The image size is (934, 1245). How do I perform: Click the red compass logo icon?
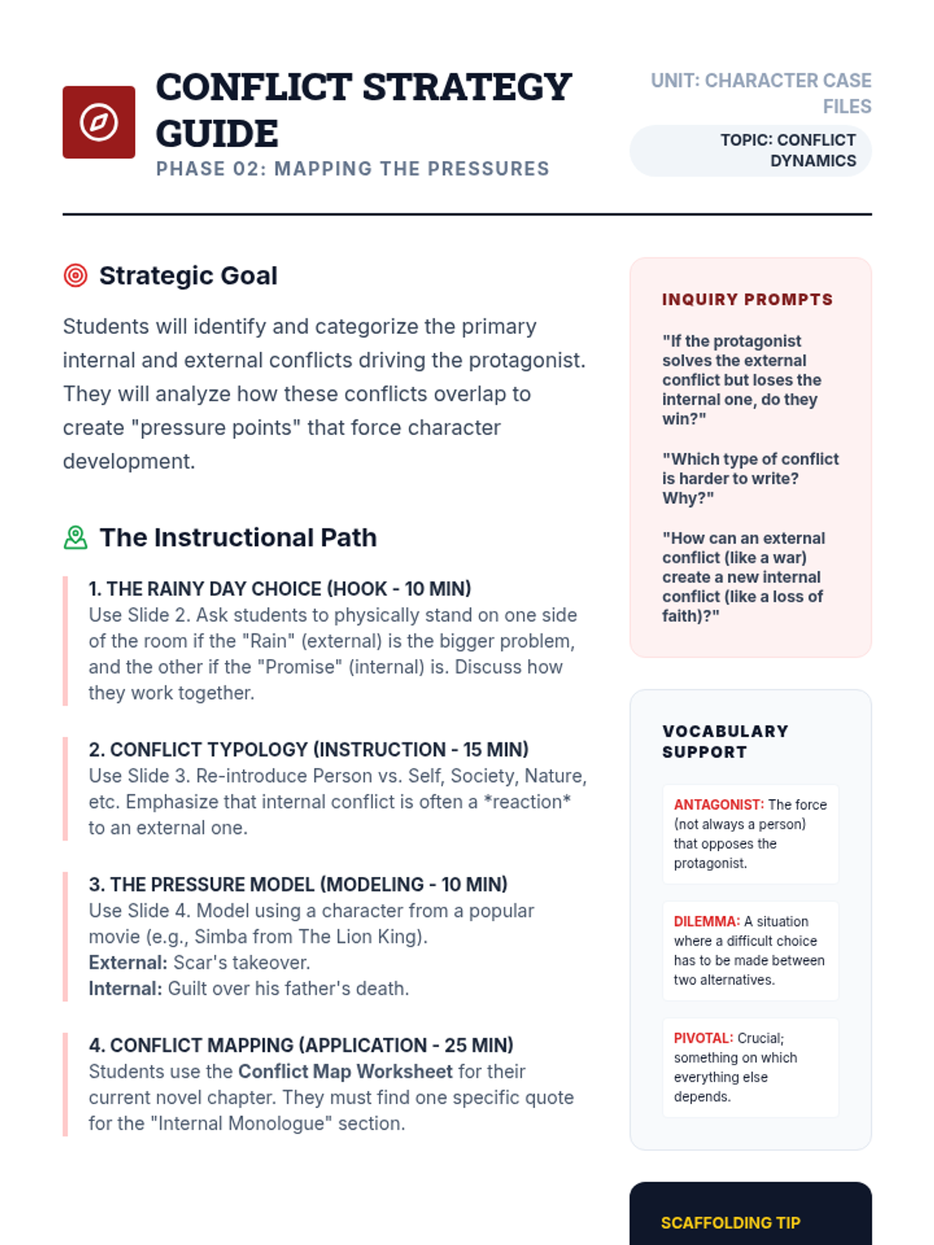coord(99,122)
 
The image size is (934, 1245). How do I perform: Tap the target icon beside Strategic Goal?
coord(75,275)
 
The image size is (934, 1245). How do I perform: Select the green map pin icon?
coord(75,538)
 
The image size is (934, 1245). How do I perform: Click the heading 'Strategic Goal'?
coord(188,275)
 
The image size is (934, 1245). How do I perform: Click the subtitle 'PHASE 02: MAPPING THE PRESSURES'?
coord(353,169)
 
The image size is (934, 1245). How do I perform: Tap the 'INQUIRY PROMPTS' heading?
coord(747,300)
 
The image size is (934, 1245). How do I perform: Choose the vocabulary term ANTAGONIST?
coord(718,805)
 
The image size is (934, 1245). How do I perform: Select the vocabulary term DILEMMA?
coord(706,921)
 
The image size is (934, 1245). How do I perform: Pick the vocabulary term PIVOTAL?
coord(703,1038)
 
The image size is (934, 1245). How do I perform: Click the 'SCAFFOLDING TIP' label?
coord(730,1222)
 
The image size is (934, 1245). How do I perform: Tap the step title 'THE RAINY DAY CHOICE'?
coord(279,589)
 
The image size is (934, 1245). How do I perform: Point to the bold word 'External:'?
coord(128,963)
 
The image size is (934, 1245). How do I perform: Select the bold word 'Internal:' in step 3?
coord(125,988)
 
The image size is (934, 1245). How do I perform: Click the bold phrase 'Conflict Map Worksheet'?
coord(345,1071)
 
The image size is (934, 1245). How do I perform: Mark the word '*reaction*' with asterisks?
coord(527,801)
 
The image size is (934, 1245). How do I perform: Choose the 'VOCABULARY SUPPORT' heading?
coord(725,742)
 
